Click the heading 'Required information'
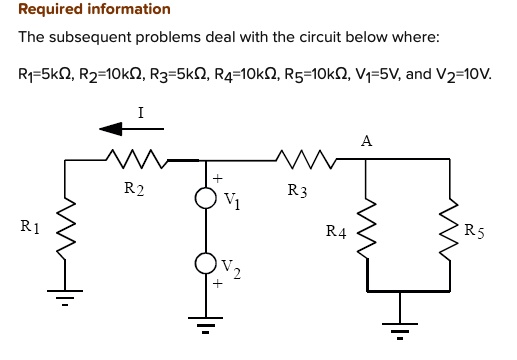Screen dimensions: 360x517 click(x=95, y=10)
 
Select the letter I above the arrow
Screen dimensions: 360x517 click(x=140, y=113)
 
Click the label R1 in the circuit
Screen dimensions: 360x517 click(x=31, y=227)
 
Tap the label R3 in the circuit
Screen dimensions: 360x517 click(x=297, y=189)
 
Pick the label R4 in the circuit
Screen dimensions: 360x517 click(x=336, y=232)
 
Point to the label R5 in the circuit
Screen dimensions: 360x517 click(x=474, y=231)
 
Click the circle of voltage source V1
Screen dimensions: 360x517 click(x=204, y=198)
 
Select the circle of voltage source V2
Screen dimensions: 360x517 click(x=204, y=263)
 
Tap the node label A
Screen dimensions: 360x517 click(x=366, y=141)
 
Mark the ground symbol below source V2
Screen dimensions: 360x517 click(x=204, y=324)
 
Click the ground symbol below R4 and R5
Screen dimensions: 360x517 click(x=401, y=324)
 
